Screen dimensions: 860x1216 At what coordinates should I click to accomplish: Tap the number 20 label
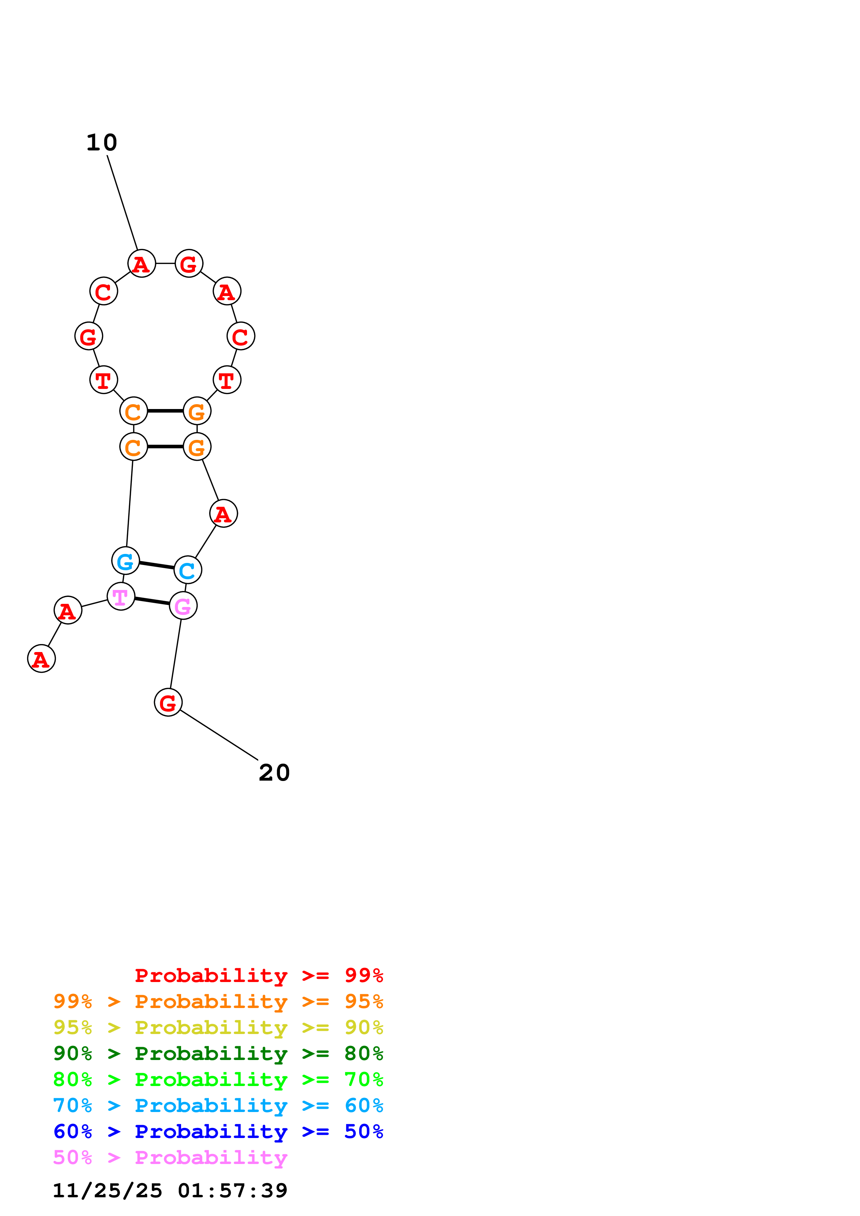point(274,773)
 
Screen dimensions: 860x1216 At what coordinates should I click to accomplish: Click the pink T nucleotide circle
point(121,596)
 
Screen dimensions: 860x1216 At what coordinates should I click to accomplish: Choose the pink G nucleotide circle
point(183,606)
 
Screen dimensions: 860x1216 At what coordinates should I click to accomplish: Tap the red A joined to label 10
point(142,263)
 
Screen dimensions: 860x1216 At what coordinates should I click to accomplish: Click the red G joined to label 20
point(168,702)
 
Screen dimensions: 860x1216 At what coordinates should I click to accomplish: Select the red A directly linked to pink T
point(68,610)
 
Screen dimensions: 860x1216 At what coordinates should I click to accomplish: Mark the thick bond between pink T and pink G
point(152,601)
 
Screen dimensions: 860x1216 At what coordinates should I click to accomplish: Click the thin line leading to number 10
point(122,202)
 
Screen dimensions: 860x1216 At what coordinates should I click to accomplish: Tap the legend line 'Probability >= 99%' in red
point(259,975)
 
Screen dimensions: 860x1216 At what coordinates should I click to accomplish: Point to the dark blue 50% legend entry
point(218,1131)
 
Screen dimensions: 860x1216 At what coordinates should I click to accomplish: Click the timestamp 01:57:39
point(233,1191)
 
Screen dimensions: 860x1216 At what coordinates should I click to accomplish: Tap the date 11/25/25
point(108,1191)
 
